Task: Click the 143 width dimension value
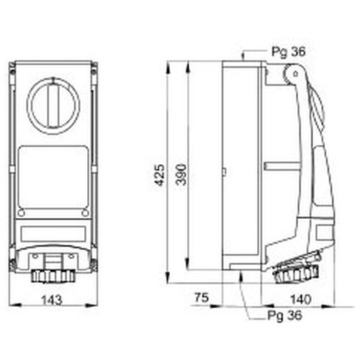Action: pos(52,298)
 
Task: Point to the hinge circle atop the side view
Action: pos(292,74)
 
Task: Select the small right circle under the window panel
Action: pos(84,213)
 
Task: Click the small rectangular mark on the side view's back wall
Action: pos(224,172)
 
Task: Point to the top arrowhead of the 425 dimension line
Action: pos(168,64)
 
